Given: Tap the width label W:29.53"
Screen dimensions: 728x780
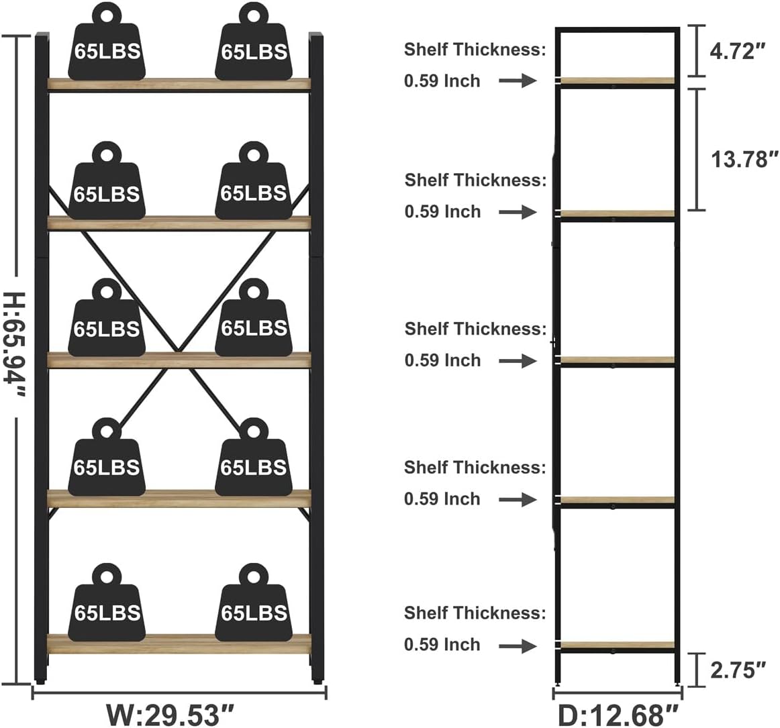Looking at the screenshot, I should click(x=172, y=714).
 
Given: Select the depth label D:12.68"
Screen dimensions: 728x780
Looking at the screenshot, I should click(x=618, y=714).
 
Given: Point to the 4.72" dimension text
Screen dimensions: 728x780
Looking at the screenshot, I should click(x=738, y=51).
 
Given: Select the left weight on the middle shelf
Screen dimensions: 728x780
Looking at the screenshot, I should click(x=107, y=323).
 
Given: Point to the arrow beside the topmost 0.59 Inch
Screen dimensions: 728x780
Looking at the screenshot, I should click(x=518, y=81).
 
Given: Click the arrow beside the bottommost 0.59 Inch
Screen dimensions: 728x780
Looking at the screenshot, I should click(x=518, y=645).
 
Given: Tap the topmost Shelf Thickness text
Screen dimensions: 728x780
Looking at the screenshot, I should click(x=475, y=49).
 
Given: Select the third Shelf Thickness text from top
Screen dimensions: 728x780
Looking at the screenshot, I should click(x=475, y=329).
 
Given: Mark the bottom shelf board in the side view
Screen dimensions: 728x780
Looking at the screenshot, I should click(x=618, y=645).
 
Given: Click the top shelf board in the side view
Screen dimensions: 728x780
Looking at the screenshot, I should click(x=618, y=81).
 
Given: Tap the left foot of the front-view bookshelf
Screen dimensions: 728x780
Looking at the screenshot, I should click(x=42, y=680).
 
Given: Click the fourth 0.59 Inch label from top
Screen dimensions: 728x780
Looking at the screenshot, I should click(x=442, y=499).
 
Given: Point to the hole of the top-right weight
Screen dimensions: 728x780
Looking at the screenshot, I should click(x=253, y=14).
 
